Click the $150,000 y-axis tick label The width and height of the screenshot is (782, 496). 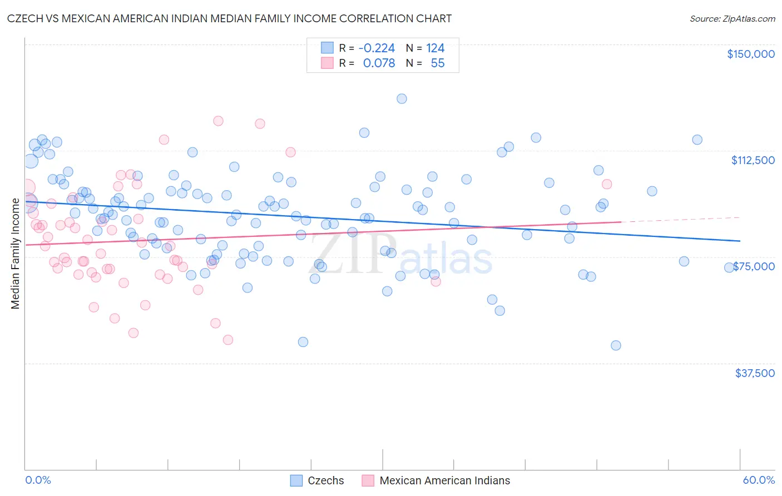(x=750, y=54)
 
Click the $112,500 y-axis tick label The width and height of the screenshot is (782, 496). (x=753, y=160)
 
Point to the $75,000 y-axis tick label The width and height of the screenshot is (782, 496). (x=754, y=266)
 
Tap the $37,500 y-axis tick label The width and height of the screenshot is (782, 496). (x=755, y=373)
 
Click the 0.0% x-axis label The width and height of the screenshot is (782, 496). (x=38, y=480)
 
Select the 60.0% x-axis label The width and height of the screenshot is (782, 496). (x=759, y=480)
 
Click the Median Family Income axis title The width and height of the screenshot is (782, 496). (x=15, y=253)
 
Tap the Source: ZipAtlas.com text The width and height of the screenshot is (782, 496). (x=732, y=18)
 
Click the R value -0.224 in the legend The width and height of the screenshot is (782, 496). (x=377, y=48)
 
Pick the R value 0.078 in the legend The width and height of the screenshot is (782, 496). (x=379, y=63)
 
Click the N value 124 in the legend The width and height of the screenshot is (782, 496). (x=435, y=48)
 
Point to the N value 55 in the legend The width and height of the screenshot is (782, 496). (x=438, y=63)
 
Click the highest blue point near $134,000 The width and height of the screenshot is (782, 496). (x=402, y=98)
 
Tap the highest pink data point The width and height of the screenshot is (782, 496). (x=218, y=121)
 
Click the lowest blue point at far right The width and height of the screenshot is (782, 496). (x=616, y=345)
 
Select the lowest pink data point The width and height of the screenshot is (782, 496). (x=227, y=340)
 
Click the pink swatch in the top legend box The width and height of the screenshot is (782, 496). (x=327, y=63)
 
